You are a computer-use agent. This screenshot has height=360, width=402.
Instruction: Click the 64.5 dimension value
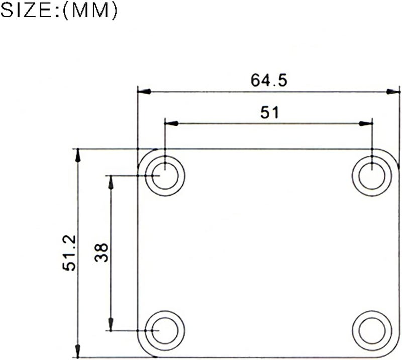click(269, 80)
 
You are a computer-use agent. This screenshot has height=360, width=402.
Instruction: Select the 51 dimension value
click(269, 112)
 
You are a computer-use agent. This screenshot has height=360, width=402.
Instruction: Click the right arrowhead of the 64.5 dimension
click(393, 92)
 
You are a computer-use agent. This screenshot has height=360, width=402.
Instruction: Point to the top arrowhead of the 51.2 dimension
click(77, 155)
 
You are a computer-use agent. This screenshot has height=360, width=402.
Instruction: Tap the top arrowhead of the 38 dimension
click(111, 182)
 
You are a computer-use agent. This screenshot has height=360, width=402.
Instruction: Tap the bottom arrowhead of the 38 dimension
click(111, 324)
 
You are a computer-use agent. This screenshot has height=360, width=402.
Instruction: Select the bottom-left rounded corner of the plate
click(143, 352)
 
